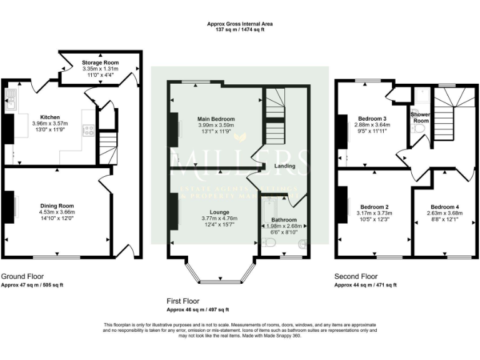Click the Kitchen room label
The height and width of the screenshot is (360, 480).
pyautogui.click(x=49, y=117)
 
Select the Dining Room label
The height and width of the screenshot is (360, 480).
pyautogui.click(x=57, y=206)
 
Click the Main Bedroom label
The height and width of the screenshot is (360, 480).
pyautogui.click(x=216, y=119)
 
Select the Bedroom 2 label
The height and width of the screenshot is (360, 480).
pyautogui.click(x=374, y=207)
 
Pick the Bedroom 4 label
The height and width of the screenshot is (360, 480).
pyautogui.click(x=445, y=207)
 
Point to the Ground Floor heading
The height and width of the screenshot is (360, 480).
pyautogui.click(x=22, y=276)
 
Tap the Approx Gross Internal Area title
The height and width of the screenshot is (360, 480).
pyautogui.click(x=240, y=24)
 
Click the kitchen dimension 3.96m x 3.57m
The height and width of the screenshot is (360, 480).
pyautogui.click(x=49, y=124)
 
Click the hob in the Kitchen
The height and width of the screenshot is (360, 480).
pyautogui.click(x=89, y=131)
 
